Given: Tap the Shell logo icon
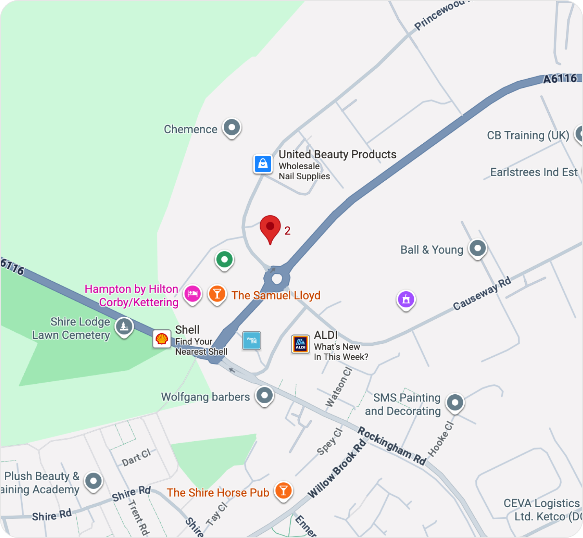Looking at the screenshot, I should (162, 339).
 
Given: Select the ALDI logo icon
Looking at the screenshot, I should (301, 344).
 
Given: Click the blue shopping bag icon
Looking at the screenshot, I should (263, 164).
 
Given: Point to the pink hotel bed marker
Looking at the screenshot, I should (192, 293).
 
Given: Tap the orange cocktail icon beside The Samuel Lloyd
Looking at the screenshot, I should (217, 293).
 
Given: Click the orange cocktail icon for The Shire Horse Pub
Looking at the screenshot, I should (283, 490).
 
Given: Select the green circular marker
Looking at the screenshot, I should (225, 259).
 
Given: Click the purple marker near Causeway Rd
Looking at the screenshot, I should (406, 300).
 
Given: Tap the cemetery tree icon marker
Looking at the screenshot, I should (124, 326).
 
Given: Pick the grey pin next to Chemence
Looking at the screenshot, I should (232, 127).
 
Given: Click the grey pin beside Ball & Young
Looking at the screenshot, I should (478, 248).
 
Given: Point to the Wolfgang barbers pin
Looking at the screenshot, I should (264, 395).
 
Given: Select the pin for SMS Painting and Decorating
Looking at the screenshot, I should (455, 402).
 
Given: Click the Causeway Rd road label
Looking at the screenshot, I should (482, 293).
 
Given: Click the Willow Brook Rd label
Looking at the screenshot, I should (337, 469).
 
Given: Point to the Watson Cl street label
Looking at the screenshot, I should (339, 387).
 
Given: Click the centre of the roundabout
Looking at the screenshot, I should (277, 279).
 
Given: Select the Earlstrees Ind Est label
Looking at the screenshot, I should (534, 172).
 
